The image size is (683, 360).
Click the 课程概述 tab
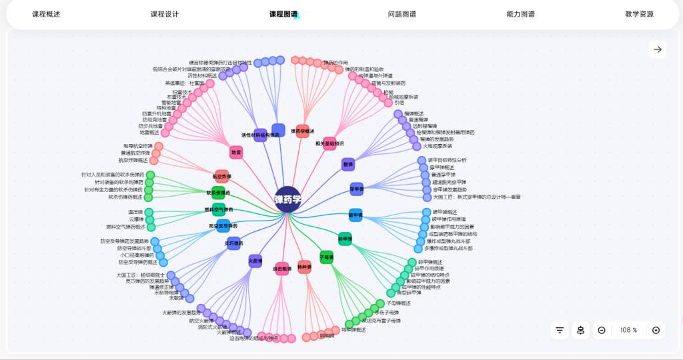click(x=46, y=14)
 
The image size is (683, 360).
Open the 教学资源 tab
click(x=639, y=14)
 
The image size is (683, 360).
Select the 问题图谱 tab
click(x=402, y=14)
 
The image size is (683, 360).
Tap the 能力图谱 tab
click(x=520, y=14)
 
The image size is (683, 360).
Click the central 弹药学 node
click(x=288, y=199)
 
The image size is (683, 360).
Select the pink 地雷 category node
click(x=236, y=153)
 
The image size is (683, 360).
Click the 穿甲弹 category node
click(x=357, y=189)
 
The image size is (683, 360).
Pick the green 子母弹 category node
click(x=326, y=257)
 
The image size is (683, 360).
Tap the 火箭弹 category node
click(x=255, y=261)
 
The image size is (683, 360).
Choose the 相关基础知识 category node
click(x=329, y=143)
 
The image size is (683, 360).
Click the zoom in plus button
click(x=656, y=330)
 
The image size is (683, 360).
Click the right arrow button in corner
click(x=658, y=49)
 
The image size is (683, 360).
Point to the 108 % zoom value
click(x=629, y=330)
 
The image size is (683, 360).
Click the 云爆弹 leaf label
click(x=137, y=219)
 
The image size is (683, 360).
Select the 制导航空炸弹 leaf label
click(x=138, y=146)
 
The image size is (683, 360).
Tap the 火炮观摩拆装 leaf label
click(x=437, y=146)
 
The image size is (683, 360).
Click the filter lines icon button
click(x=560, y=330)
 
